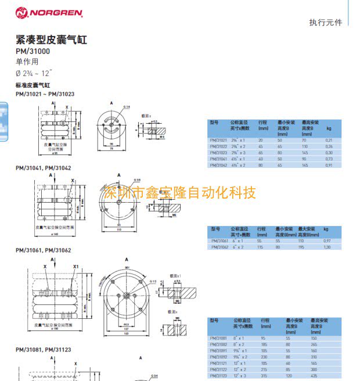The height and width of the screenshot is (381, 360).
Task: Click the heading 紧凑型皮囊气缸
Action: point(51,40)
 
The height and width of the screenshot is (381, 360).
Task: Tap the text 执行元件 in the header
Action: point(326,23)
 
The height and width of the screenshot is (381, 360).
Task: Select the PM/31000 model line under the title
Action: point(33,51)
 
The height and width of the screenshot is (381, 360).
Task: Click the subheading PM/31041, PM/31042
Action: point(44,168)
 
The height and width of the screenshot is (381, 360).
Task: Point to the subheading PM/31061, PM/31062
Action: point(44,250)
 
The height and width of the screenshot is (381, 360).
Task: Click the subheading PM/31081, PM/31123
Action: point(44,349)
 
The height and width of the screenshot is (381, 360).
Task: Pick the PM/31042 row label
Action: point(219,166)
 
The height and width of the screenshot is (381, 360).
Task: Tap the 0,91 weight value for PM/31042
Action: point(329,166)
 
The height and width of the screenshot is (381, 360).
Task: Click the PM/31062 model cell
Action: point(221,247)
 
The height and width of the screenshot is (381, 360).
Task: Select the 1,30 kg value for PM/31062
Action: point(326,247)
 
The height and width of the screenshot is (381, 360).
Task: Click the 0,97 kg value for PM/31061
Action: point(326,240)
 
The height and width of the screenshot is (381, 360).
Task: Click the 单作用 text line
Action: point(27,62)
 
